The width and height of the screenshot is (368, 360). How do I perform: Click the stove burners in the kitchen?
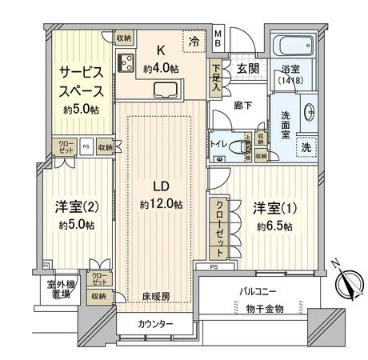pos(126,62)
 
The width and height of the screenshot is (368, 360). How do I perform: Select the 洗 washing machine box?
pos(306,148)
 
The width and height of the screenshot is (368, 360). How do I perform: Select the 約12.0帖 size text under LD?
pos(160,205)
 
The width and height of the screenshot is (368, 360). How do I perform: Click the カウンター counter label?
pos(154,323)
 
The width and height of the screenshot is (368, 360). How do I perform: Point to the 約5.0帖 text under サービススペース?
pos(81,109)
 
